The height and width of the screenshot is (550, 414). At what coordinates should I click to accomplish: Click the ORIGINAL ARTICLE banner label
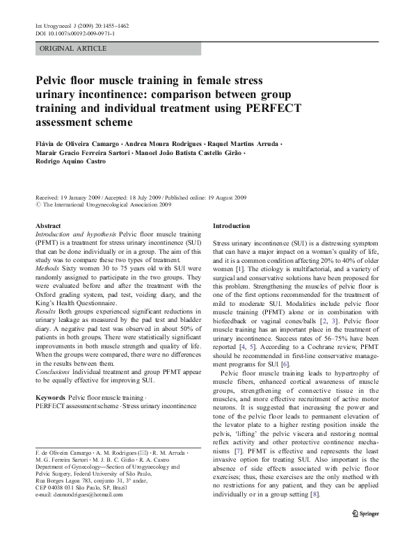[73, 49]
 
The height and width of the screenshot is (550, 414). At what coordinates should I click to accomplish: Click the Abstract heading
[48, 227]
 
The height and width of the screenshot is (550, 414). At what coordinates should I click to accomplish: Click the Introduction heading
[231, 227]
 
